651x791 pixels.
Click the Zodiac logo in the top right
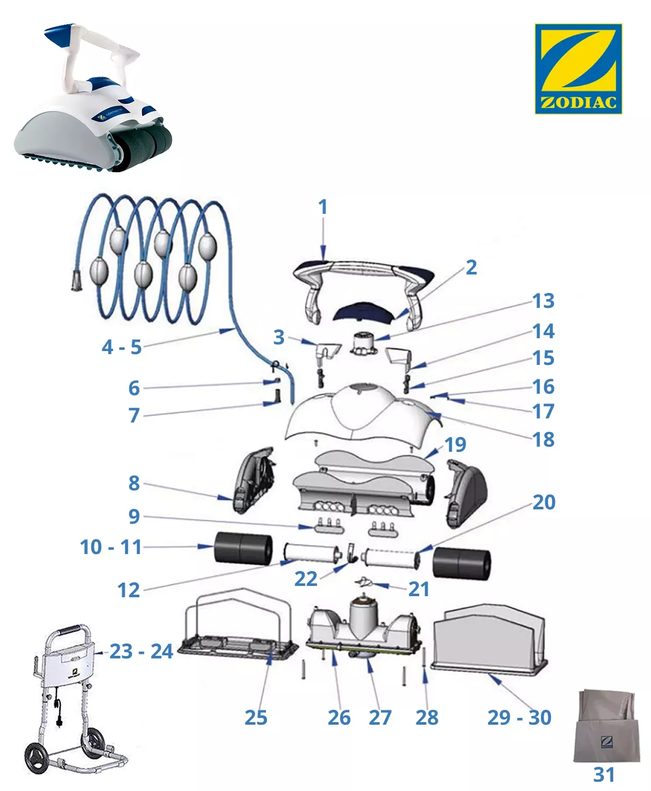[578, 68]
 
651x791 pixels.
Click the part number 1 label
[322, 207]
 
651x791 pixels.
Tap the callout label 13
[543, 301]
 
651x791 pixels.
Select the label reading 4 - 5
[122, 347]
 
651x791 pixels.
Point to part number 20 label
[544, 502]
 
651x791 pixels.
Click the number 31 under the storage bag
[604, 774]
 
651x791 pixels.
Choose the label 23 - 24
[141, 652]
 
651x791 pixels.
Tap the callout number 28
[427, 718]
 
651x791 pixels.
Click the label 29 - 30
[519, 718]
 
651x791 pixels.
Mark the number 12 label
[128, 591]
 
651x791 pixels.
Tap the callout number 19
[455, 445]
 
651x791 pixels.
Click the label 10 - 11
[111, 547]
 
